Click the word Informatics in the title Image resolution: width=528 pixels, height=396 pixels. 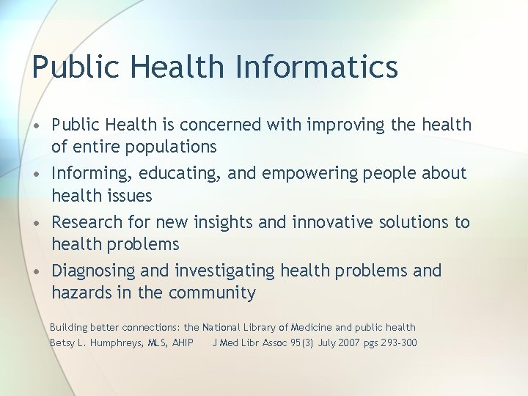tap(317, 67)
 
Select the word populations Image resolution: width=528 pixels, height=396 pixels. tap(172, 147)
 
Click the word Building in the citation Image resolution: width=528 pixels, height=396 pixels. tap(67, 328)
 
